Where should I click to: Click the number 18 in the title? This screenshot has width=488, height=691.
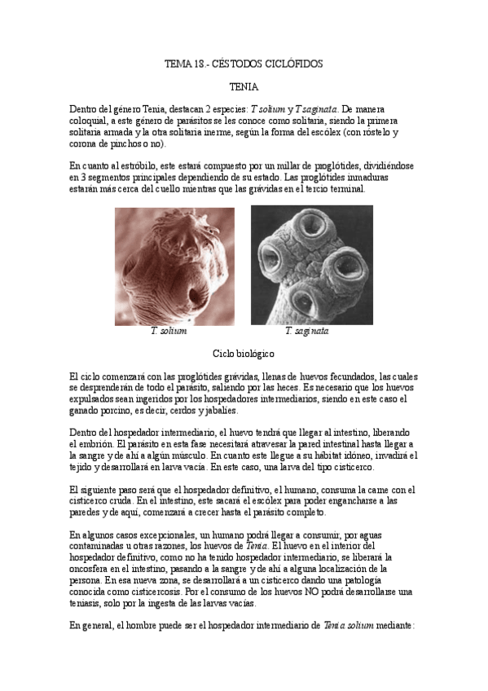click(198, 63)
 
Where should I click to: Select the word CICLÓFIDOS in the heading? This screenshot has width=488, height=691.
click(292, 63)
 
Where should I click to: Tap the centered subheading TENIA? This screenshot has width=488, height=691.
click(244, 86)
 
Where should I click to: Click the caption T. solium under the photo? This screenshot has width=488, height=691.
click(169, 332)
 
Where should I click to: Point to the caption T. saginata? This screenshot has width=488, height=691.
click(307, 332)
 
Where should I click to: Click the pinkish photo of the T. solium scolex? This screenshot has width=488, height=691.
click(174, 266)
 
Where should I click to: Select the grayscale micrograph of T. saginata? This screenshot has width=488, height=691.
click(311, 266)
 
